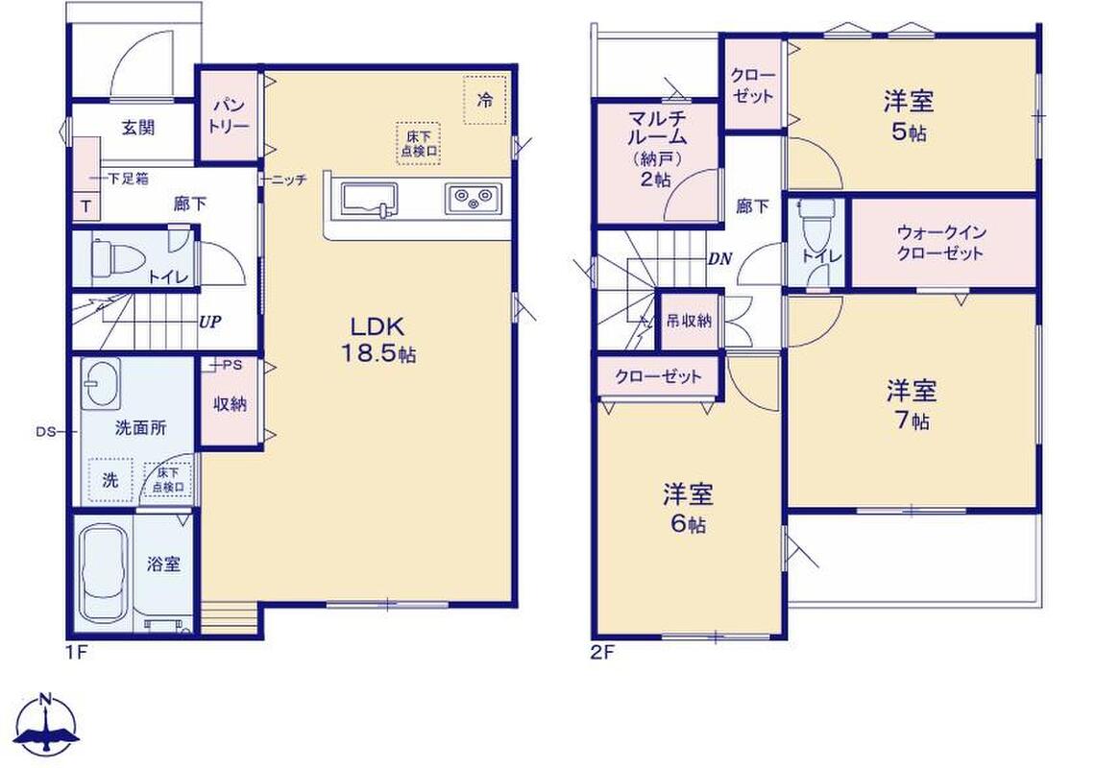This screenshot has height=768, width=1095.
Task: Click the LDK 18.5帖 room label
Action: point(377,339)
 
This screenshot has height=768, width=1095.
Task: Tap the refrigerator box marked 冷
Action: point(485,99)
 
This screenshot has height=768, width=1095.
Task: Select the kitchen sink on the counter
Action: point(370,199)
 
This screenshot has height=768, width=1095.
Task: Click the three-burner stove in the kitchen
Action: point(474,199)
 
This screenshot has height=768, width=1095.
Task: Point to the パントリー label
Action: point(230,116)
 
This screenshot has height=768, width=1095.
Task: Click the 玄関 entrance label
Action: point(138,128)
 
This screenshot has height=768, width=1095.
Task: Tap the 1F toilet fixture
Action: point(113,257)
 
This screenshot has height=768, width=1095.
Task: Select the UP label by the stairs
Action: point(210,322)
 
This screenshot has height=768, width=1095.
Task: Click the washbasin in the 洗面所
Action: point(102,383)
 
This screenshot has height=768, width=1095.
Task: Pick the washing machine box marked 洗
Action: point(111,480)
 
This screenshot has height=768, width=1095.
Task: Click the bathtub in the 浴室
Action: point(104,572)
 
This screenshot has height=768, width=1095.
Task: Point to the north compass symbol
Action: point(47,725)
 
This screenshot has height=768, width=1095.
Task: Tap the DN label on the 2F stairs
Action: point(720,259)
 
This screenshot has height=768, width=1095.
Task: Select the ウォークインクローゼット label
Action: point(940,242)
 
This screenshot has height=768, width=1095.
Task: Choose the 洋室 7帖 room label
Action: point(912,404)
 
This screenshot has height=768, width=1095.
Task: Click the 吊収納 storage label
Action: point(689,321)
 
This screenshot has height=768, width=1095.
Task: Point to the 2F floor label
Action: point(602,654)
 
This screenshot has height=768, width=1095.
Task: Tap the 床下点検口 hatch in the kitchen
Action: point(419,143)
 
